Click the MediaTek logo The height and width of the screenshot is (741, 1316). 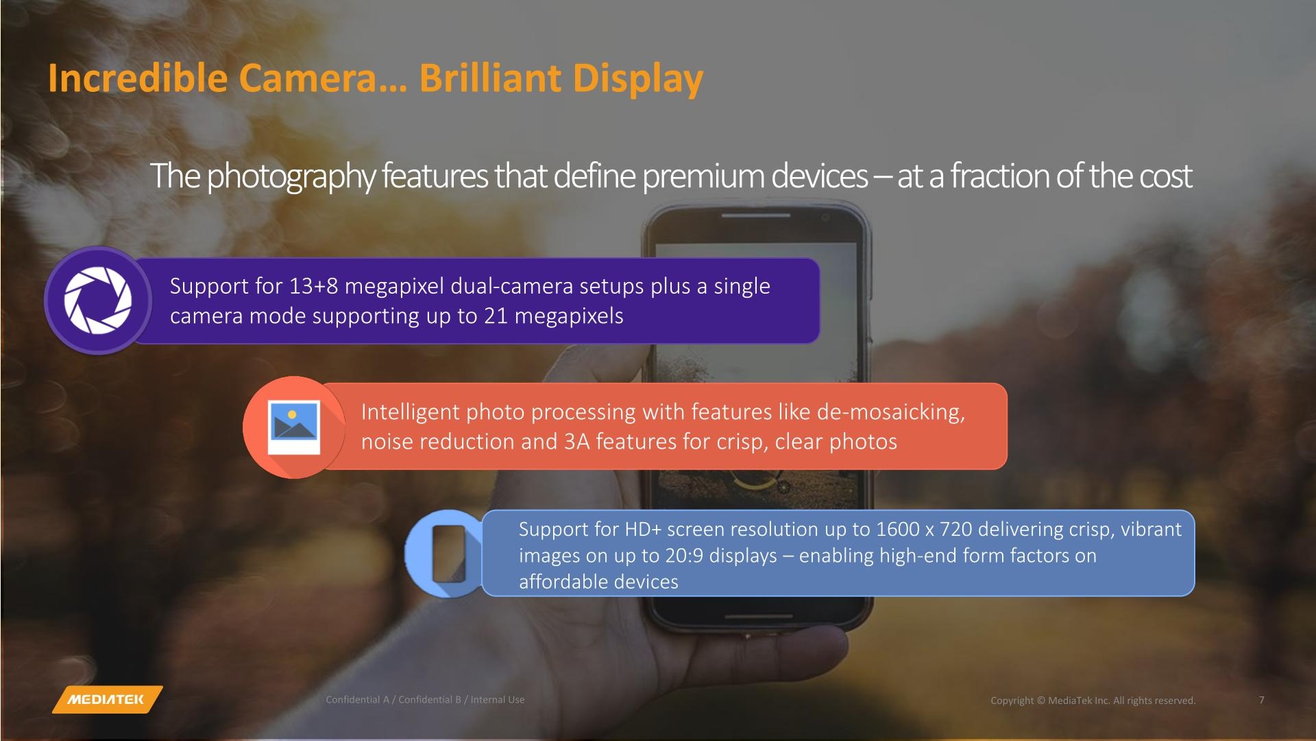pyautogui.click(x=107, y=699)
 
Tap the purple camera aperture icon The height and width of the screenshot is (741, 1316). pyautogui.click(x=98, y=301)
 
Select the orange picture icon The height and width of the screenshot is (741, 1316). pyautogui.click(x=294, y=427)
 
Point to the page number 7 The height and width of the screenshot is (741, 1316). pyautogui.click(x=1262, y=700)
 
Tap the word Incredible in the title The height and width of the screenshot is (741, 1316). pyautogui.click(x=137, y=78)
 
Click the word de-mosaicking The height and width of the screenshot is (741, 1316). pyautogui.click(x=891, y=412)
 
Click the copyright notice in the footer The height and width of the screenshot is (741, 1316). pyautogui.click(x=1093, y=701)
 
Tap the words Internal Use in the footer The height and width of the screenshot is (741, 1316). pyautogui.click(x=498, y=700)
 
